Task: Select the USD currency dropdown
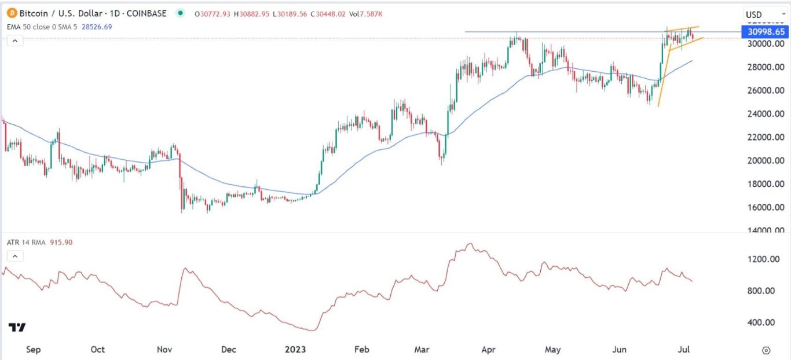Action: pos(758,14)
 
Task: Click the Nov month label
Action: pos(165,350)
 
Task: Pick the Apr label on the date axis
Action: pos(490,350)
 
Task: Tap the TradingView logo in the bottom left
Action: pos(17,328)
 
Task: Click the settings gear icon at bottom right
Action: pos(766,350)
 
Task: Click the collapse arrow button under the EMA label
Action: pos(14,41)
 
